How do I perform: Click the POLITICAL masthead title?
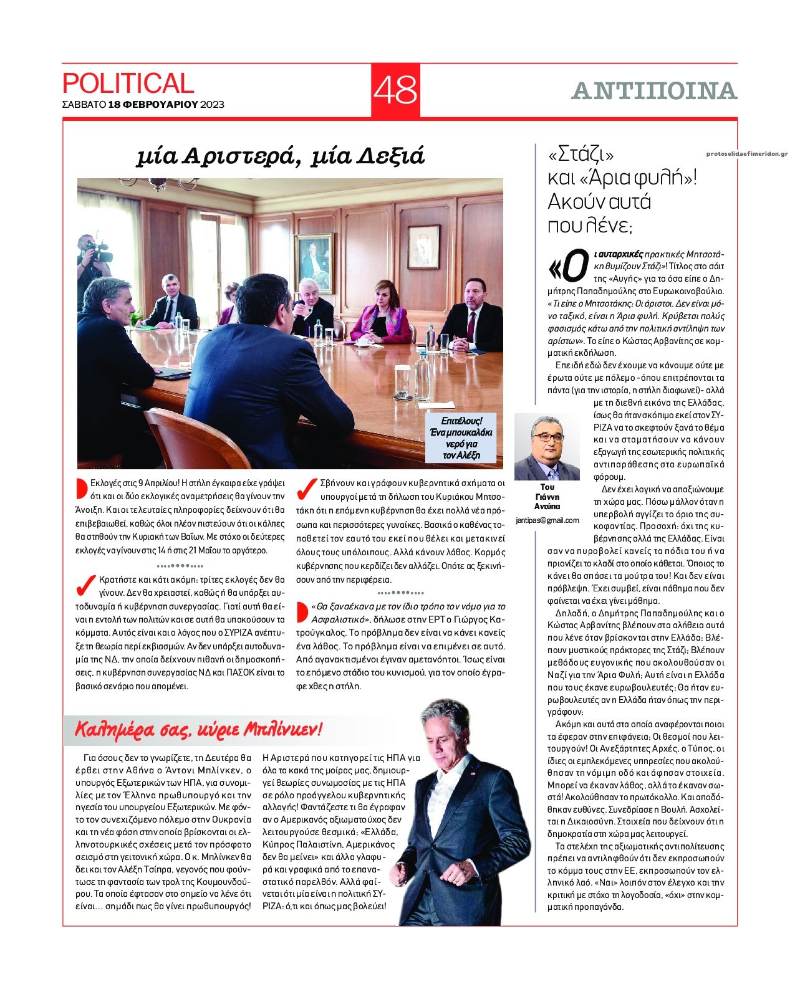pyautogui.click(x=128, y=84)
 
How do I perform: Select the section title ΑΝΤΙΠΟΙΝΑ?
pyautogui.click(x=654, y=91)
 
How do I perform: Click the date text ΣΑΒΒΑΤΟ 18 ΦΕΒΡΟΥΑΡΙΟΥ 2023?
pyautogui.click(x=143, y=105)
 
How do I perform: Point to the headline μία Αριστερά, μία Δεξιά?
pyautogui.click(x=281, y=156)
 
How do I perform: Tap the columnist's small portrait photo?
pyautogui.click(x=547, y=447)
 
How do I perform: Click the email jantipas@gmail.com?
pyautogui.click(x=547, y=520)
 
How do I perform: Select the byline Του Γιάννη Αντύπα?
pyautogui.click(x=547, y=497)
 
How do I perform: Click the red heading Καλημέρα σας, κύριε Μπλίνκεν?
pyautogui.click(x=198, y=729)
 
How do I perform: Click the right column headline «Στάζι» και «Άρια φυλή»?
pyautogui.click(x=621, y=190)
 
